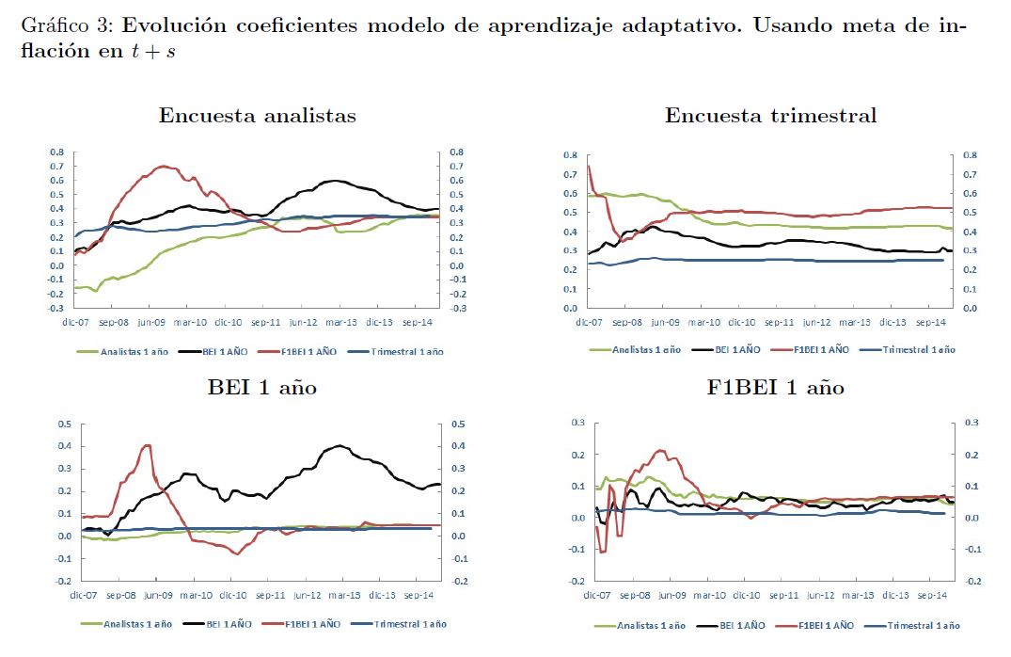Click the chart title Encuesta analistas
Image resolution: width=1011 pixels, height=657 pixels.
257,116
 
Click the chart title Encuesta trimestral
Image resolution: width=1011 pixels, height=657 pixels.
770,116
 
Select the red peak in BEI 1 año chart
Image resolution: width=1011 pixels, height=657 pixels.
148,445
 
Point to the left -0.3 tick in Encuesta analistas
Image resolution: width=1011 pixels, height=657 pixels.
55,308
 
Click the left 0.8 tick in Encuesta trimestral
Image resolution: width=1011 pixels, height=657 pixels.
570,155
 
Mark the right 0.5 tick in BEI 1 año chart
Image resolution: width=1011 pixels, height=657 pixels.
458,425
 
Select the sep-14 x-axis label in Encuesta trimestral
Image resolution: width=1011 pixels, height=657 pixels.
929,322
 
